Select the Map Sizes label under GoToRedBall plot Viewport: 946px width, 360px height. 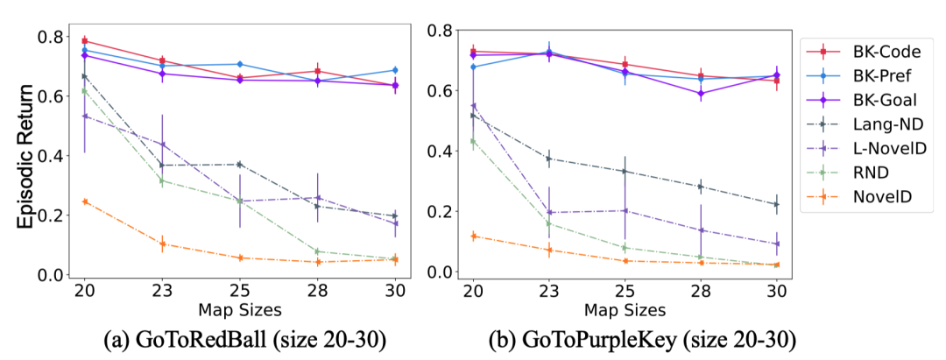pyautogui.click(x=240, y=309)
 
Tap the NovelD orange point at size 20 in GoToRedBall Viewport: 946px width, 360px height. pyautogui.click(x=85, y=201)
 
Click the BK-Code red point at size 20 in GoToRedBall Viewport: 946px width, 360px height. pyautogui.click(x=85, y=40)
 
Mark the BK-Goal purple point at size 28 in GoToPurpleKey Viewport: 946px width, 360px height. pyautogui.click(x=701, y=93)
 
